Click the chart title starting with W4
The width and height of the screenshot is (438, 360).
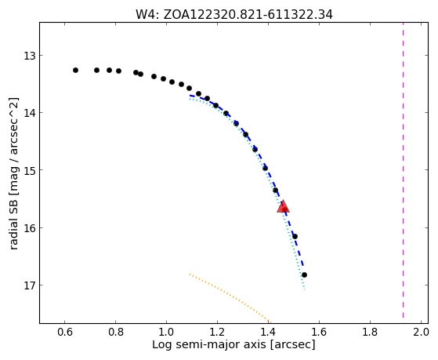(234, 15)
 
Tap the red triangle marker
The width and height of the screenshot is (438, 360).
(283, 207)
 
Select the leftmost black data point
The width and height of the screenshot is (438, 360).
(75, 71)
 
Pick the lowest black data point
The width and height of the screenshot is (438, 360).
(304, 275)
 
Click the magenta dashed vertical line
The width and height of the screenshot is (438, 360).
(403, 170)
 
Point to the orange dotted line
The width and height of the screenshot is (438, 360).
(230, 298)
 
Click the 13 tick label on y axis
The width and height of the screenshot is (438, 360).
(30, 56)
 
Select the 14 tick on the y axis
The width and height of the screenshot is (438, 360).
(30, 113)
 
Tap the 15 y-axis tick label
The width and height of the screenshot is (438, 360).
(30, 170)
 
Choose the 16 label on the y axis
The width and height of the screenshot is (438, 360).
(30, 228)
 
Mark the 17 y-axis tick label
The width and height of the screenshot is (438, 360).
(30, 285)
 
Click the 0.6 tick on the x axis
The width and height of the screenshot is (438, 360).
(65, 332)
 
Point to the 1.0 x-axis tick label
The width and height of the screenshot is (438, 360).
(166, 332)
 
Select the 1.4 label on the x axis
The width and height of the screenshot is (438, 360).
(268, 332)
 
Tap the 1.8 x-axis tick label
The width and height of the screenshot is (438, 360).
(370, 332)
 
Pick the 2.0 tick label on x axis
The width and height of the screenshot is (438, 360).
(421, 332)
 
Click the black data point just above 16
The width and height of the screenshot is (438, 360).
(295, 237)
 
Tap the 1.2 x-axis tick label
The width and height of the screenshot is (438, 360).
(217, 332)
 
